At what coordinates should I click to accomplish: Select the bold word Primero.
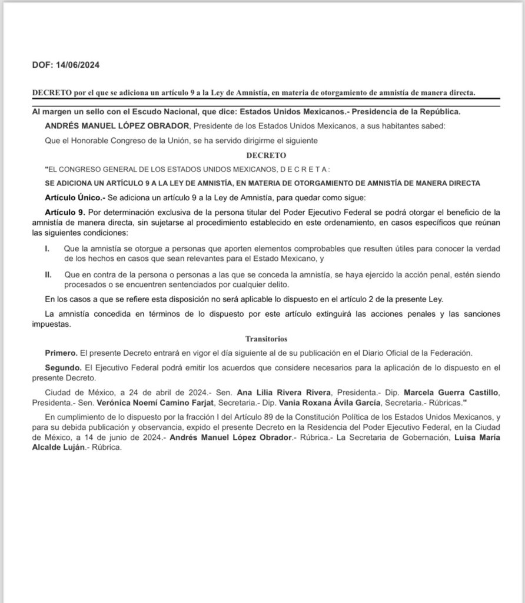pos(61,353)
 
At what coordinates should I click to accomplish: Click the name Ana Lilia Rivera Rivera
pos(286,392)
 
